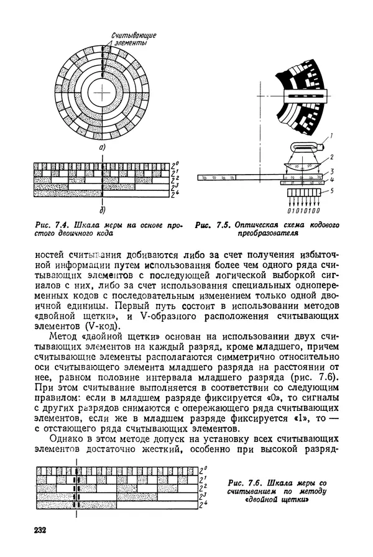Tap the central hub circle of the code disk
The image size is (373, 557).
pos(100,93)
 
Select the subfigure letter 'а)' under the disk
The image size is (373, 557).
pos(100,147)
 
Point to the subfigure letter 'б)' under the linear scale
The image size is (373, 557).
pos(101,208)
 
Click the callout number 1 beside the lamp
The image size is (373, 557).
pos(331,134)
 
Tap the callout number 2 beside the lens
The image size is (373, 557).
pos(330,158)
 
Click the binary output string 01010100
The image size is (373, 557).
pos(300,212)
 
